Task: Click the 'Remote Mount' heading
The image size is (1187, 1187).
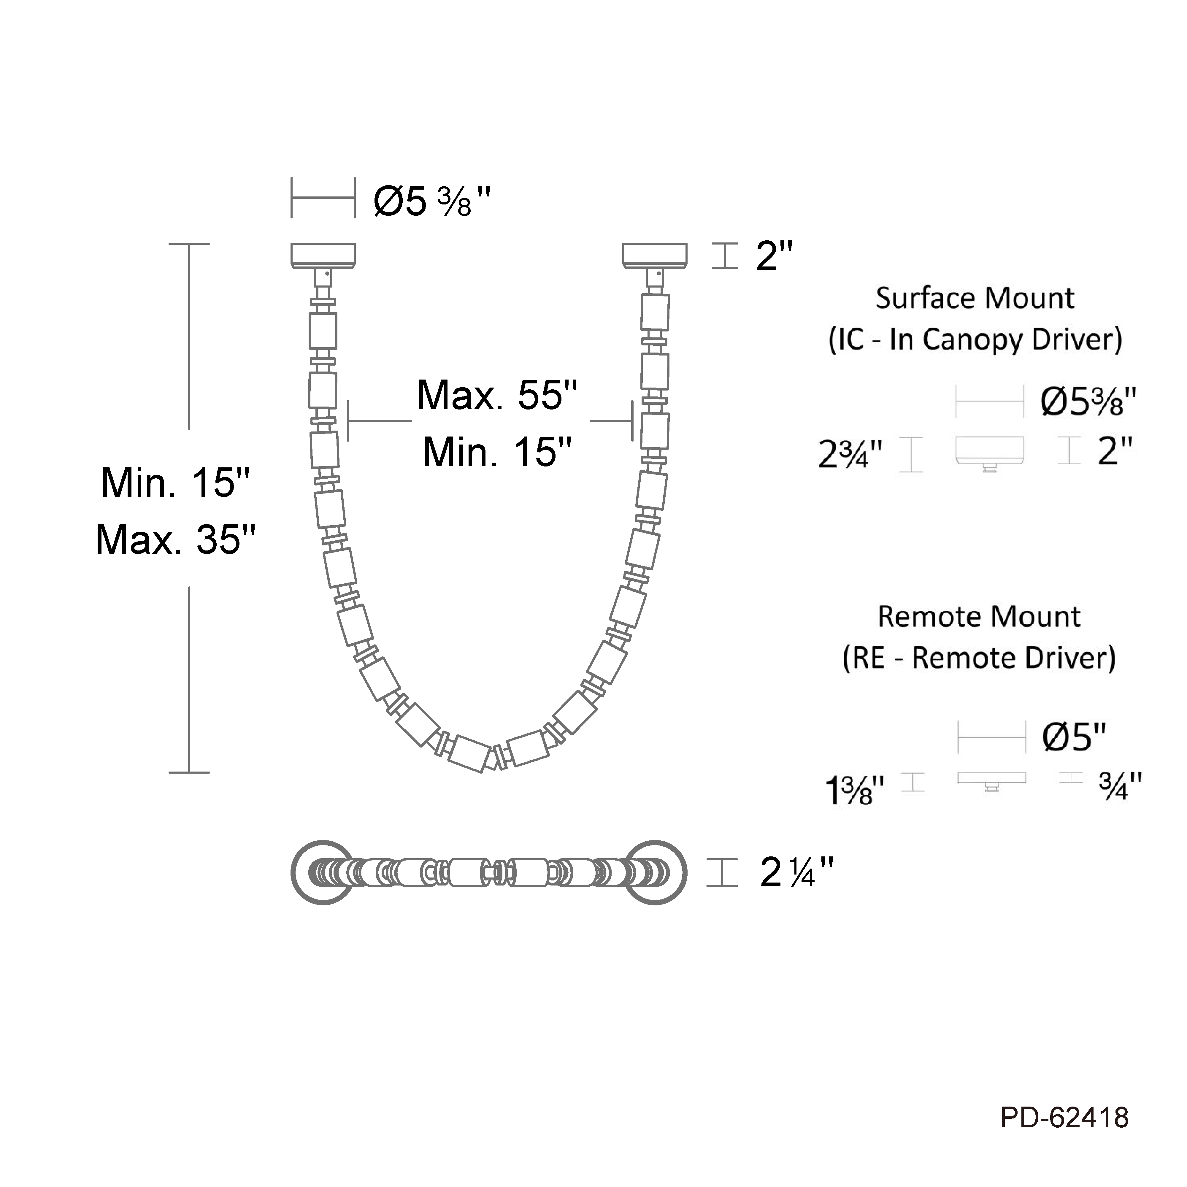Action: point(979,617)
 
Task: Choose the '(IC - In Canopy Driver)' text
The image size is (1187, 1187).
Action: point(975,340)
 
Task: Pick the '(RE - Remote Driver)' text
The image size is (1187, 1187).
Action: point(979,658)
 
